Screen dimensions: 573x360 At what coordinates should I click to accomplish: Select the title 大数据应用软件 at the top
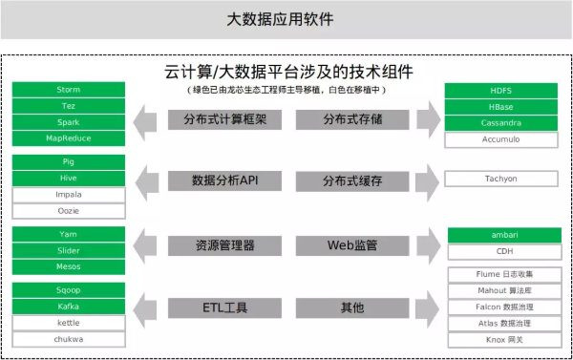[286, 18]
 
